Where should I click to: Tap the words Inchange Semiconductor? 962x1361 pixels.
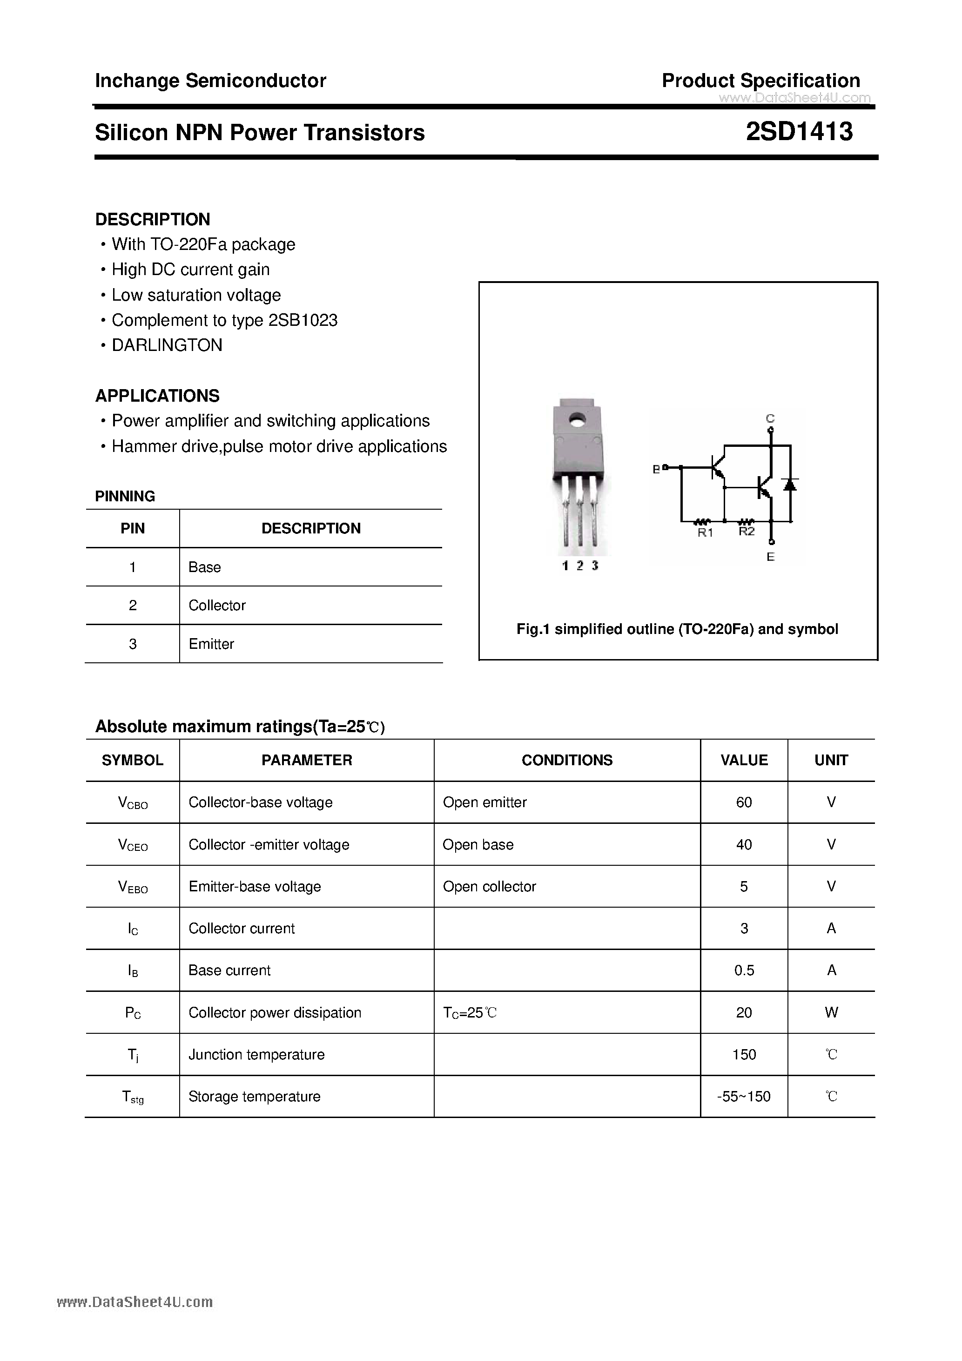point(210,81)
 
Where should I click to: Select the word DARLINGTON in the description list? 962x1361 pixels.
point(167,345)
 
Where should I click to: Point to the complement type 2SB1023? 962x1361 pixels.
point(303,320)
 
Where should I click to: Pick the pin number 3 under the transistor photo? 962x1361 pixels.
point(594,566)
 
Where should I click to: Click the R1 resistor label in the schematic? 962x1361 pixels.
point(705,533)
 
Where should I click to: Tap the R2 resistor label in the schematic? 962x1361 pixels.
point(746,532)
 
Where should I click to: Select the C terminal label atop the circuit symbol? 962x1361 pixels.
point(770,418)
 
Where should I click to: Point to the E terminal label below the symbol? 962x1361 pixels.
point(771,557)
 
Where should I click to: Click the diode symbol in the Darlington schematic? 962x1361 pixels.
point(789,484)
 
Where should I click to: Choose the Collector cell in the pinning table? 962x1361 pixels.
point(217,605)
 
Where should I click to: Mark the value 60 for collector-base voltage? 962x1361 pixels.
point(744,802)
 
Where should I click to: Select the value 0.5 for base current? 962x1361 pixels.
point(744,970)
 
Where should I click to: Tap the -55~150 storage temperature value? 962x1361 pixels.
point(744,1097)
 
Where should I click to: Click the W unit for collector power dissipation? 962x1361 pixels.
point(831,1012)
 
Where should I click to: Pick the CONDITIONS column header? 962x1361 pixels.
point(567,760)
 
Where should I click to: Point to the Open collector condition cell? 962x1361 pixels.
point(489,886)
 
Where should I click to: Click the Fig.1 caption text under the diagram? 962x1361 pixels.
point(677,629)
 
